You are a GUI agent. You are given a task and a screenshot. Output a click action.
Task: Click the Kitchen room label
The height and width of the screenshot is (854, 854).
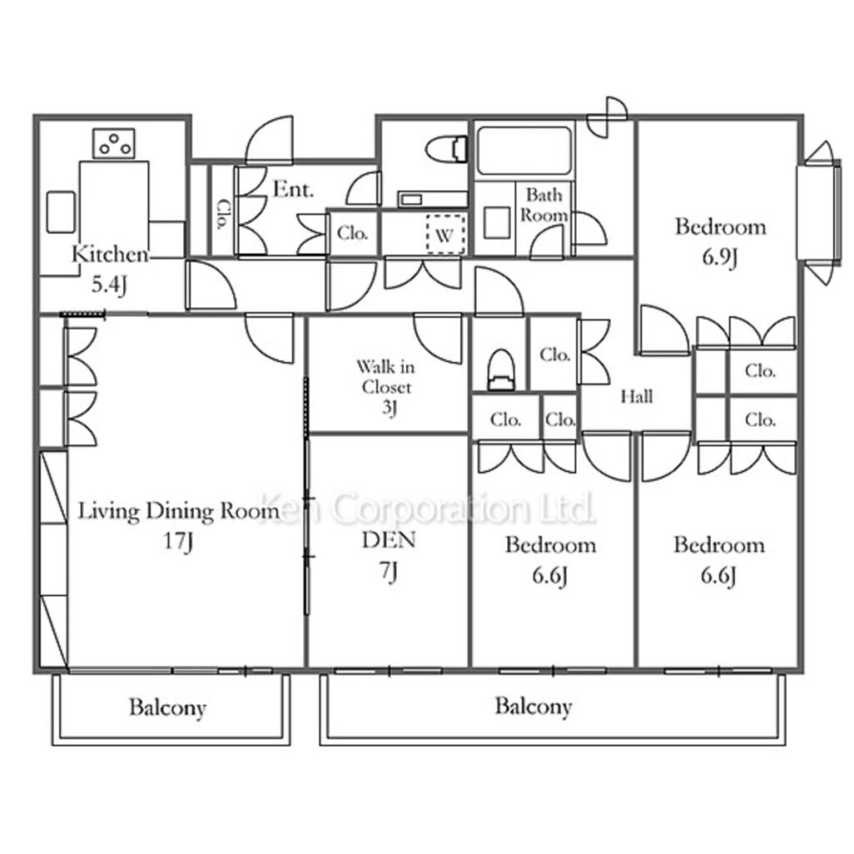click(110, 254)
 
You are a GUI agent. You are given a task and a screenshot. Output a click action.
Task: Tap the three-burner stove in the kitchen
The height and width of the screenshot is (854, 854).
click(113, 143)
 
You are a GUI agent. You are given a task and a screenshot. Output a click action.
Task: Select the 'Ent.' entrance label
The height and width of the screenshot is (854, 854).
click(294, 189)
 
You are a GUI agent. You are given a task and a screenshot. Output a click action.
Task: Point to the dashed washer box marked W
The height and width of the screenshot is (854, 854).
click(445, 234)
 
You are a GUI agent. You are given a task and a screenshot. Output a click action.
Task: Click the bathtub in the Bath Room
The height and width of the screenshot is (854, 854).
click(524, 151)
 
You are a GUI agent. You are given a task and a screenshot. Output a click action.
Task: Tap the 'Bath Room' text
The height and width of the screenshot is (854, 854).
click(544, 205)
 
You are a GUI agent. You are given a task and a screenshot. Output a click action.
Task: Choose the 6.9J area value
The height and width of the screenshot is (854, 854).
click(719, 257)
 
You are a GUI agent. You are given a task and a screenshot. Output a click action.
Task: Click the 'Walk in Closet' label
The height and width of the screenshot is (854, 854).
click(386, 376)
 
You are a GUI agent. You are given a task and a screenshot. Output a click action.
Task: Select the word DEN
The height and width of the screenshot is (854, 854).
click(389, 540)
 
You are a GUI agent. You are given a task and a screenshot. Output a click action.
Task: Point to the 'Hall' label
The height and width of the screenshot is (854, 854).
click(636, 396)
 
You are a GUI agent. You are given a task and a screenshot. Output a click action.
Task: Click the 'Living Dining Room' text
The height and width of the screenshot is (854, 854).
click(179, 511)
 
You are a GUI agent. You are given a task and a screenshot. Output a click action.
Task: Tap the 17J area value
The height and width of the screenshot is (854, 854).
click(178, 541)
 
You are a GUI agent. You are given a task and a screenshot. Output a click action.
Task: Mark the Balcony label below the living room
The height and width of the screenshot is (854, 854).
click(168, 707)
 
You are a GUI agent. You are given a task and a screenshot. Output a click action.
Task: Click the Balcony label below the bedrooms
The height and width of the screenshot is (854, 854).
click(533, 706)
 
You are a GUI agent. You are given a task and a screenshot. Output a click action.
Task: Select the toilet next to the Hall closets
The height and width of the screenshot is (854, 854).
click(500, 369)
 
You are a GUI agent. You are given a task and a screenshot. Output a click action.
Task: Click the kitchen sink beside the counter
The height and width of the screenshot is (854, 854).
click(61, 212)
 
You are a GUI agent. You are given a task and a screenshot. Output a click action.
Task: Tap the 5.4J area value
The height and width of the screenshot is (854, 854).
click(109, 285)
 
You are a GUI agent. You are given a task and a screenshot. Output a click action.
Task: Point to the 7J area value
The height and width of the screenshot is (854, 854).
click(389, 570)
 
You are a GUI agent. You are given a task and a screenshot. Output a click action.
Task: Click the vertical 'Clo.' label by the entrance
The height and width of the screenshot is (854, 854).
click(223, 213)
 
